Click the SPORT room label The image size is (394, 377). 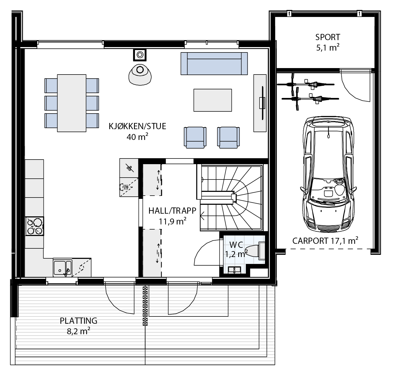328,37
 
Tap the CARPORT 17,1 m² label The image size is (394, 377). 325,241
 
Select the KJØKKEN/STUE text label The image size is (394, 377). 137,126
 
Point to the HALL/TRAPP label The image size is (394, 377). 172,211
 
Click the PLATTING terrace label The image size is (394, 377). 78,321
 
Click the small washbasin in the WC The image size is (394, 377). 234,270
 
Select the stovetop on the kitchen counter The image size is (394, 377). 34,226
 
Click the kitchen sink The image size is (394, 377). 62,268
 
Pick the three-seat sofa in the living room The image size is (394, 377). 214,64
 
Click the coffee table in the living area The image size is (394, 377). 213,100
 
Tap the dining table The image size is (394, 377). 72,103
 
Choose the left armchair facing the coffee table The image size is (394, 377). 195,137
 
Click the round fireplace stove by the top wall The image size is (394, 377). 140,55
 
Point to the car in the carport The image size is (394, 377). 328,174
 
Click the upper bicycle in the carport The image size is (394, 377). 306,84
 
